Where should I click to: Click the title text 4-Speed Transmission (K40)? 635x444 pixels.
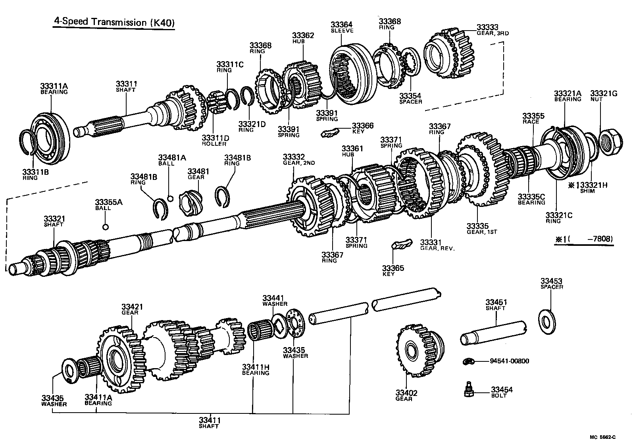coord(114,22)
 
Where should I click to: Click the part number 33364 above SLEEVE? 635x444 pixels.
coord(341,25)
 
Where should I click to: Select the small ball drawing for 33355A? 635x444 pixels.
coord(105,227)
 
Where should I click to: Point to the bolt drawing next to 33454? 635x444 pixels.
coord(468,390)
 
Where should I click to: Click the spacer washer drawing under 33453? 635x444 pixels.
coord(548,319)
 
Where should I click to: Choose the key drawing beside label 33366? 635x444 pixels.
coord(330,132)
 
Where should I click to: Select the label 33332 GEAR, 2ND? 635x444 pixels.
coord(299,159)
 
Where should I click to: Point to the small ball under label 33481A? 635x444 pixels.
coord(171,198)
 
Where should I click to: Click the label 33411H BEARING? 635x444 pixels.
coord(256,370)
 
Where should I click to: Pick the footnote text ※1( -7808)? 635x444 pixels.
coord(584,239)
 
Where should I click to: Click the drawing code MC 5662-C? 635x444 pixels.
coord(602,437)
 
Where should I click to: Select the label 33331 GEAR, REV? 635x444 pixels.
coord(437,245)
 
